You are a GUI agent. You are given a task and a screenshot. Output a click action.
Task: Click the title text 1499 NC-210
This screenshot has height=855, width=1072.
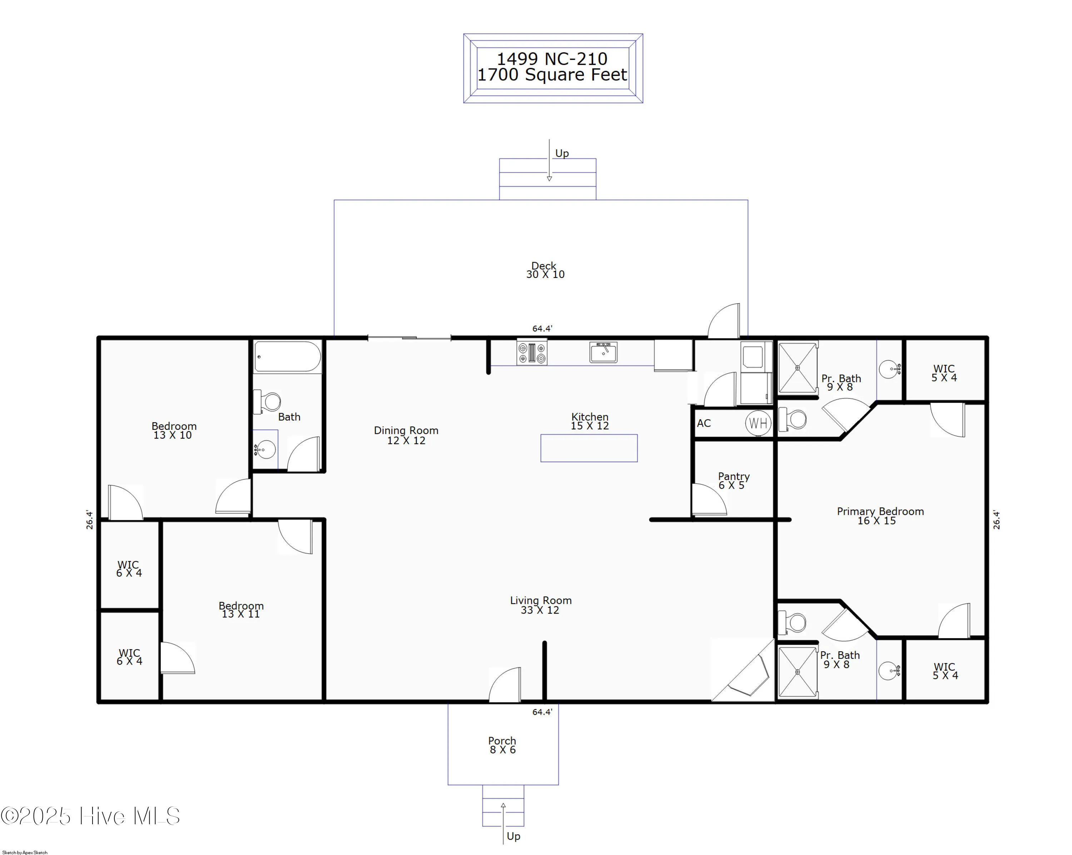[x=552, y=59]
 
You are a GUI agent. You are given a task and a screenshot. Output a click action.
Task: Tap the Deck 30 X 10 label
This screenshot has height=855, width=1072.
[x=545, y=270]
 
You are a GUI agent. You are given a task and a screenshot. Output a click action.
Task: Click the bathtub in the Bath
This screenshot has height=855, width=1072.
[x=287, y=357]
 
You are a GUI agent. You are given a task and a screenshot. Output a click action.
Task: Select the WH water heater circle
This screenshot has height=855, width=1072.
[x=758, y=423]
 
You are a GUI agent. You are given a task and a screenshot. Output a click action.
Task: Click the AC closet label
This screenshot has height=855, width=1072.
[x=704, y=423]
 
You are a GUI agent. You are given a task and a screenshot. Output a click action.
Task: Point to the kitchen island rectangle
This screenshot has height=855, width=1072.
[x=589, y=448]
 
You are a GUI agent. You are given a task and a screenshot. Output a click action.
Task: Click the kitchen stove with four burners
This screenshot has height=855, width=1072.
[x=531, y=352]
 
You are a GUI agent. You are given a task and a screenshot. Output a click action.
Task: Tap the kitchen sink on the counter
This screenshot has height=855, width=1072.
[x=603, y=352]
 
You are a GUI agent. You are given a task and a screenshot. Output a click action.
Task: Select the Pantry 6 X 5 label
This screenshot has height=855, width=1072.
[x=733, y=481]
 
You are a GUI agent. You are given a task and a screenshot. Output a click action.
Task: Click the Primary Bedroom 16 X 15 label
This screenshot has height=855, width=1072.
[x=880, y=516]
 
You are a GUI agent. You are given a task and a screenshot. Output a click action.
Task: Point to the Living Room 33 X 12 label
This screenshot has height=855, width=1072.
[x=541, y=605]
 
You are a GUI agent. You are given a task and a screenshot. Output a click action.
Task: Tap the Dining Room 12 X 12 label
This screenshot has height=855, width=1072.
[x=406, y=435]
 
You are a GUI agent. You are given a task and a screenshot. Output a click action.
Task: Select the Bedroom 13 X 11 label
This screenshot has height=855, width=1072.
[x=241, y=610]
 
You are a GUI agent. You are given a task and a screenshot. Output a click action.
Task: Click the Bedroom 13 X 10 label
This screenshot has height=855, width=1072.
[x=174, y=431]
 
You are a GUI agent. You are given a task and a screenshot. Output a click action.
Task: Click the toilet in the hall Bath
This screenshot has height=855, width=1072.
[x=268, y=401]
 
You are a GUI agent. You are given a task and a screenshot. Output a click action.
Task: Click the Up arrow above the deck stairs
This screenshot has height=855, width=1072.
[x=550, y=160]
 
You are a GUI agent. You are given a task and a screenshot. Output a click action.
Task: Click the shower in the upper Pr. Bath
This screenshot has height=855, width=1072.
[x=797, y=368]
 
